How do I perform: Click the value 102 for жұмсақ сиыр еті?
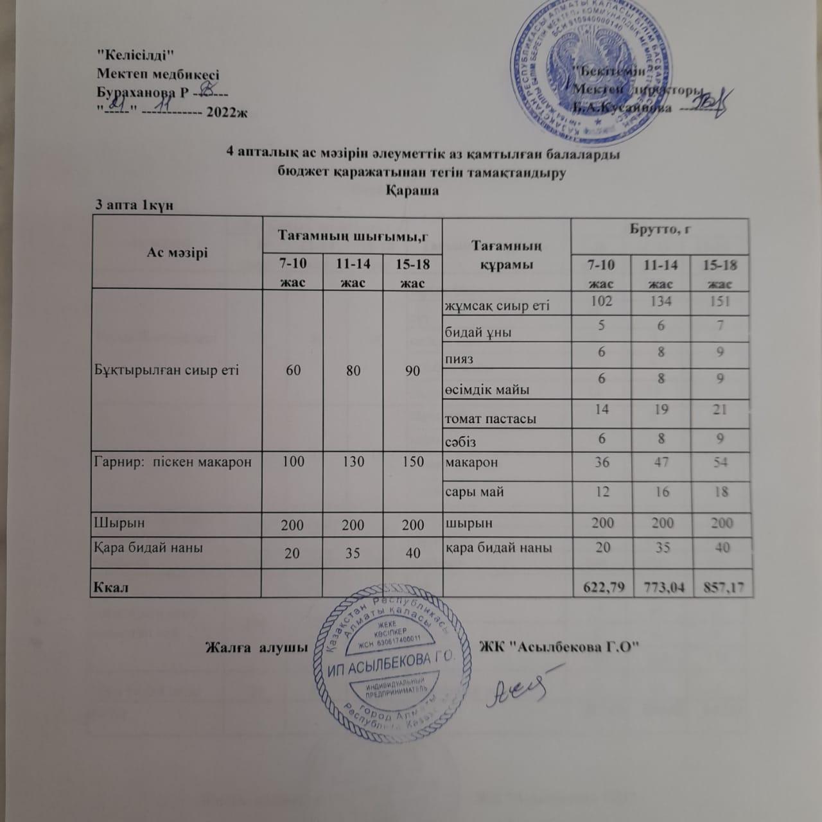(x=602, y=301)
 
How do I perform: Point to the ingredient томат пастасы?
(x=490, y=419)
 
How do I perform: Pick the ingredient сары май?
(x=474, y=492)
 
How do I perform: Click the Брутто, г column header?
(x=660, y=230)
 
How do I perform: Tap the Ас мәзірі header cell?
(x=177, y=253)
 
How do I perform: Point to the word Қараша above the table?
(x=412, y=191)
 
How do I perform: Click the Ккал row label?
(x=110, y=588)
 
